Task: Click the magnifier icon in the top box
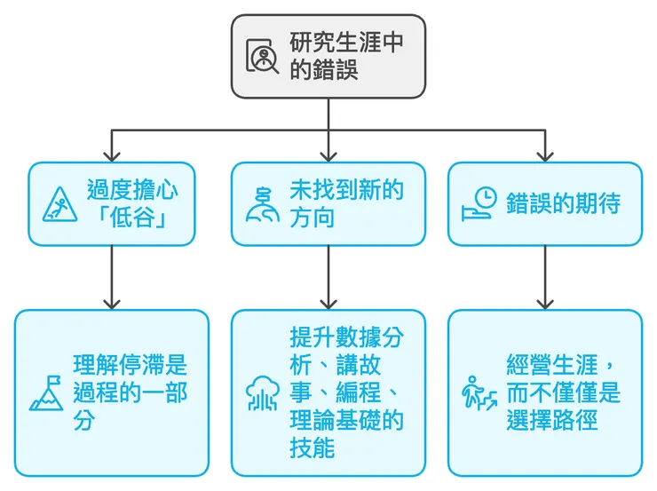(263, 57)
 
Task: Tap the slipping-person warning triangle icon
(60, 203)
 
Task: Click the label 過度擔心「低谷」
(130, 203)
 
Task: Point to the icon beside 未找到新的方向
(263, 203)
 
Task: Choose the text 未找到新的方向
(345, 203)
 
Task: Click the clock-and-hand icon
(479, 203)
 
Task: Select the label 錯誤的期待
(563, 203)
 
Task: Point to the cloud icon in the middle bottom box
(263, 393)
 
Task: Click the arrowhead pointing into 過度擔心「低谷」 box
(111, 153)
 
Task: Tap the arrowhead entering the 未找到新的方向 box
(328, 153)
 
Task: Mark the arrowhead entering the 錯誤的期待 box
(545, 153)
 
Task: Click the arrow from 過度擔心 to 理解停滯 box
(111, 275)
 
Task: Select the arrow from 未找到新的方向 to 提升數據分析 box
(328, 275)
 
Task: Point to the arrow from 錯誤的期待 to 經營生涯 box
(545, 275)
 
